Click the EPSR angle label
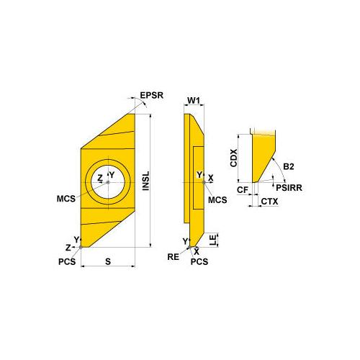pyautogui.click(x=151, y=95)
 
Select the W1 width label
pyautogui.click(x=194, y=101)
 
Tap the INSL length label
pyautogui.click(x=146, y=181)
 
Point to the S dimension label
pyautogui.click(x=108, y=261)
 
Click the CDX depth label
pyautogui.click(x=233, y=158)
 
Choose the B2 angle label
pyautogui.click(x=289, y=166)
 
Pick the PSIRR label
pyautogui.click(x=289, y=188)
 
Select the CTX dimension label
pyautogui.click(x=269, y=202)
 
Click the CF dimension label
pyautogui.click(x=243, y=190)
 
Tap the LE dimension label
pyautogui.click(x=213, y=240)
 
